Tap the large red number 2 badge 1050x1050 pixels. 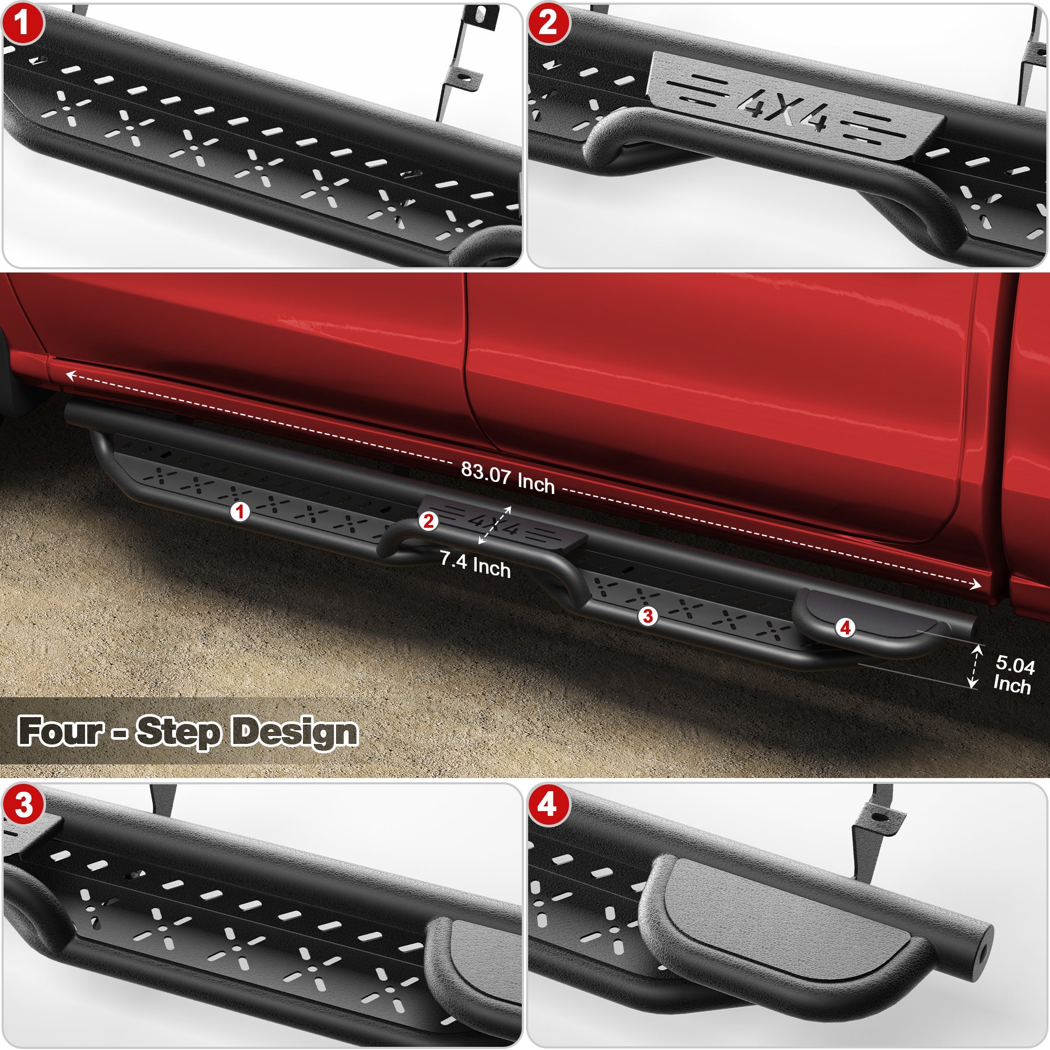[x=548, y=24]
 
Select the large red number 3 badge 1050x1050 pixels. [x=23, y=805]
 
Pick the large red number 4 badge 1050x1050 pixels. [x=548, y=805]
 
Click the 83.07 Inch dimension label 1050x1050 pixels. [x=508, y=478]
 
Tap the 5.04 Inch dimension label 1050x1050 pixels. [x=1013, y=674]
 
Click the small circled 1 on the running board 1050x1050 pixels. [x=240, y=511]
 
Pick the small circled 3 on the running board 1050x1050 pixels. [x=647, y=616]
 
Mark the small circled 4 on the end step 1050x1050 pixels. [x=845, y=628]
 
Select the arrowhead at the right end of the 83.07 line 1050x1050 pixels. [x=976, y=585]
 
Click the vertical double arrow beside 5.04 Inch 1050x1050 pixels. [x=975, y=666]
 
